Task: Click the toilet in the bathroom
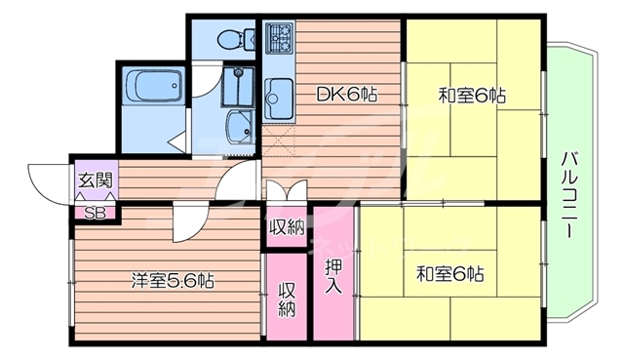coord(231,40)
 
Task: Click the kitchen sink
coord(274,98)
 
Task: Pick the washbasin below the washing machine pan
coord(237,126)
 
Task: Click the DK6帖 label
coord(345,95)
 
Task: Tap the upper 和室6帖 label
coord(472,95)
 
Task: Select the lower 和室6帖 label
coord(450,273)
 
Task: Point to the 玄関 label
coord(95,180)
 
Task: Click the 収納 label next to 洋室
coord(287,299)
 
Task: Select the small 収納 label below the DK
coord(287,227)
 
